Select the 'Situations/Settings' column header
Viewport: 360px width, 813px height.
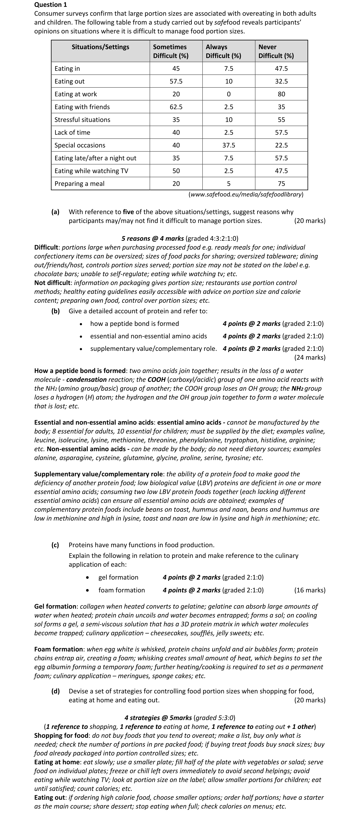(100, 47)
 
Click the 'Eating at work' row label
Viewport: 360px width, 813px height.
(76, 94)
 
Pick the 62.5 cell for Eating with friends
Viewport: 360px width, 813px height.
(176, 107)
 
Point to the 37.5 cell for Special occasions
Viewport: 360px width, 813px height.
(229, 145)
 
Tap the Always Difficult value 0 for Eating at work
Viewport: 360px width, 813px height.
(229, 94)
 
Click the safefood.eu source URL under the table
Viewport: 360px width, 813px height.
(246, 194)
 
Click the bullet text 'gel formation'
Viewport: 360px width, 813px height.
(118, 577)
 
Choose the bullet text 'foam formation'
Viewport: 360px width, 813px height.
(122, 590)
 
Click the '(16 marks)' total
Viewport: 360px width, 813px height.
(310, 590)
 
